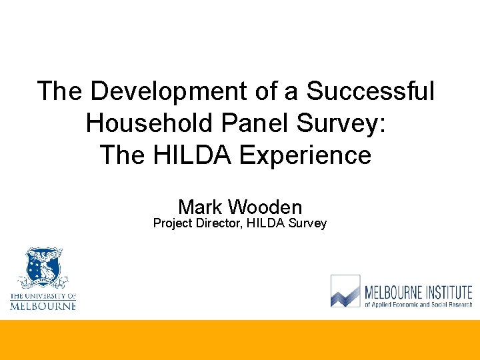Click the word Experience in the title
[x=305, y=155]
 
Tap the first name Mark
[x=200, y=207]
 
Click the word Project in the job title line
[x=173, y=223]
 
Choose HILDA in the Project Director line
[x=265, y=223]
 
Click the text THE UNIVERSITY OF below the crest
[x=43, y=296]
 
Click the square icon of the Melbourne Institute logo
[x=345, y=291]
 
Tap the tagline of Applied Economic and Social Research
[x=418, y=304]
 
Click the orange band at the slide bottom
[x=240, y=340]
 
